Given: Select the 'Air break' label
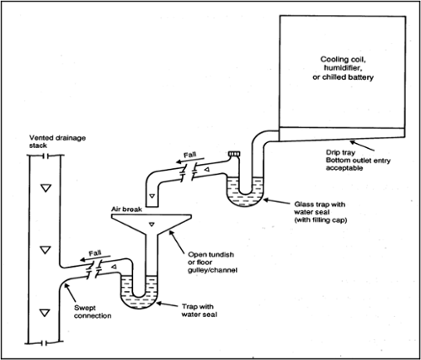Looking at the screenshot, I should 126,204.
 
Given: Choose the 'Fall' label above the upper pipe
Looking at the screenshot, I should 191,155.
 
